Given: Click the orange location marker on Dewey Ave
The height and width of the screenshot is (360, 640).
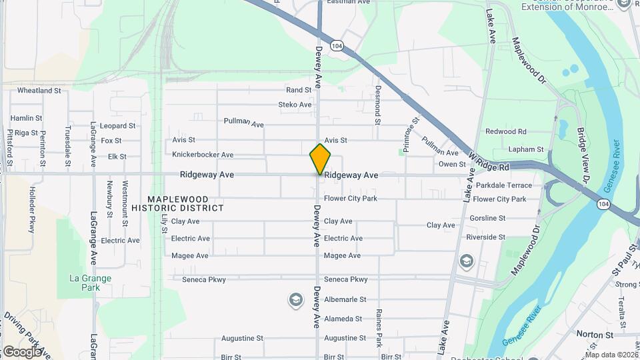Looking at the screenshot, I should click(320, 159).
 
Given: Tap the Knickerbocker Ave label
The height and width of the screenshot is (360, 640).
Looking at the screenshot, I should click(203, 155).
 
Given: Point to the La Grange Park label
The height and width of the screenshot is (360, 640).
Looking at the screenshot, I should click(90, 283).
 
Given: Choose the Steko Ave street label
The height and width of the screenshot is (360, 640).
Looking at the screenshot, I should click(295, 105).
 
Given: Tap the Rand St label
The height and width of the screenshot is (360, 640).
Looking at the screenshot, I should click(299, 90).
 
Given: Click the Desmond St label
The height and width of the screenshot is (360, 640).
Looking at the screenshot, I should click(377, 105).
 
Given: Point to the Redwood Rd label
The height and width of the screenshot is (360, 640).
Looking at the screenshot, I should click(505, 131).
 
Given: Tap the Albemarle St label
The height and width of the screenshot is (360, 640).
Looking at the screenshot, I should click(345, 300).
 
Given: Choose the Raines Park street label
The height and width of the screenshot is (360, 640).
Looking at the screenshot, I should click(379, 327).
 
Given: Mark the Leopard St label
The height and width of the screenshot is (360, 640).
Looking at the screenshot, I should click(117, 125).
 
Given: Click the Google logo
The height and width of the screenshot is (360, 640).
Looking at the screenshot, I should click(22, 351).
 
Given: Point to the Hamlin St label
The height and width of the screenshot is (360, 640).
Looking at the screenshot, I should click(26, 118).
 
